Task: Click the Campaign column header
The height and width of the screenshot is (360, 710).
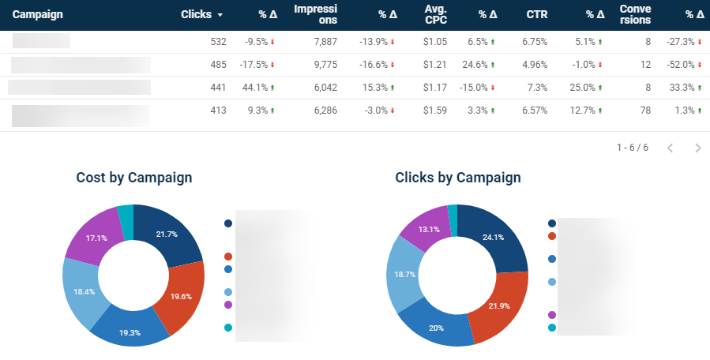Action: (38, 14)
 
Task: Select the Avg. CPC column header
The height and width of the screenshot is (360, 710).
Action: (435, 14)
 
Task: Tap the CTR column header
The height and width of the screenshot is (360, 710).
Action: (536, 14)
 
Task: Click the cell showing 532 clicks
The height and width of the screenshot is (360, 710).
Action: (216, 42)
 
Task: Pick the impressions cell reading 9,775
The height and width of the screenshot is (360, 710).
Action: (325, 65)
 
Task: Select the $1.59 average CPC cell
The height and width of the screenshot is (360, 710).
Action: (434, 111)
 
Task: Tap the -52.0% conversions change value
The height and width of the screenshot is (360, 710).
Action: (682, 65)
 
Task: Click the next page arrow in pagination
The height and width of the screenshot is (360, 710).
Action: (697, 148)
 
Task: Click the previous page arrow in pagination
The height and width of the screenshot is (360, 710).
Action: (671, 148)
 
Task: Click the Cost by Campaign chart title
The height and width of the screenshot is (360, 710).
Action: (133, 178)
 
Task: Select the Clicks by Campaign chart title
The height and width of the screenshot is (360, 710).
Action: (457, 178)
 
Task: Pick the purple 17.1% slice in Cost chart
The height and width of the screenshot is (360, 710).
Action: (95, 237)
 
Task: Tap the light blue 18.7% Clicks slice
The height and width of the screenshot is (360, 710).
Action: (405, 275)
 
